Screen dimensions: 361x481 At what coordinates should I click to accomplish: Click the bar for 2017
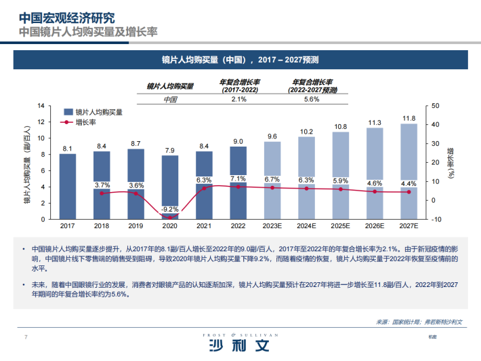(x=67, y=187)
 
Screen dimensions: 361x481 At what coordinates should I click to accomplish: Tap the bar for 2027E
(x=409, y=171)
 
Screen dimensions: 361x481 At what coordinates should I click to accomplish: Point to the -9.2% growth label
(x=170, y=209)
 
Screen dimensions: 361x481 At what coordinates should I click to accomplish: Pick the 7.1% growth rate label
(x=238, y=179)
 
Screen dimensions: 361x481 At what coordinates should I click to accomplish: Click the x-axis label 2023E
(x=272, y=225)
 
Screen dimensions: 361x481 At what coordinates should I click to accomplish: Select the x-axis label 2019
(x=135, y=225)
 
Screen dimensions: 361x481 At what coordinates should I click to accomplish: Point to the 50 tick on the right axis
(x=435, y=106)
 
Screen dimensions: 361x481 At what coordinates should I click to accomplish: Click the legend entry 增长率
(x=85, y=123)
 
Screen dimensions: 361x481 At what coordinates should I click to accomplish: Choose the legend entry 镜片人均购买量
(x=98, y=111)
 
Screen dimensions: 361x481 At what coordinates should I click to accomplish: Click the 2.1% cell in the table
(x=238, y=100)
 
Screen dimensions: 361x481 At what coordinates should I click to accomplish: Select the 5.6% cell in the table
(x=312, y=100)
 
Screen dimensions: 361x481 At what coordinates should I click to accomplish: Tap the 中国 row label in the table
(x=171, y=100)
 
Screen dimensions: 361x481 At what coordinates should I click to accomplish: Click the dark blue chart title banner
(x=240, y=60)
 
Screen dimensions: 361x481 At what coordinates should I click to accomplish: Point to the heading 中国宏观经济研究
(x=66, y=16)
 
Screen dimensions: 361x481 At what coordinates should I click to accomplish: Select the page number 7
(x=26, y=337)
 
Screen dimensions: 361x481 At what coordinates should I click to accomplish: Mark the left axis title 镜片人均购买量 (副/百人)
(x=28, y=163)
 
